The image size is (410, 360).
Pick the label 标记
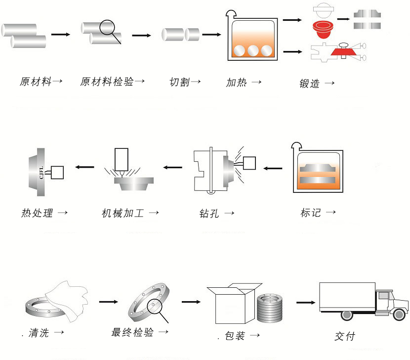tap(311, 213)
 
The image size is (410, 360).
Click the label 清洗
tap(38, 334)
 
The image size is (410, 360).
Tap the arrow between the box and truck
tap(306, 301)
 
